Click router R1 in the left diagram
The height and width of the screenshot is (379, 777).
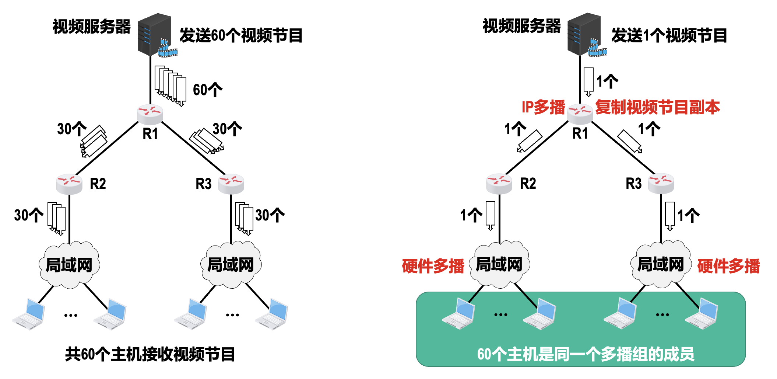pos(150,114)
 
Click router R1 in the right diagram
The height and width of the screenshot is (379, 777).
pos(580,113)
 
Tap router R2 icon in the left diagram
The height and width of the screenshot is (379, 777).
pos(69,184)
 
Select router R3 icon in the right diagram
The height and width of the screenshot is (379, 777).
pos(661,183)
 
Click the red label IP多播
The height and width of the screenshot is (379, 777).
pos(543,107)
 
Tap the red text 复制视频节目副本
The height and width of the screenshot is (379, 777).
pos(658,107)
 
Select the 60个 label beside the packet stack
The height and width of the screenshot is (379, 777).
pos(208,90)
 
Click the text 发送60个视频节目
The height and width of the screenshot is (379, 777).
pos(241,36)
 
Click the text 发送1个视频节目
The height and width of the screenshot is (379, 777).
pos(669,36)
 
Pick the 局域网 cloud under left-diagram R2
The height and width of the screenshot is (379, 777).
pos(69,265)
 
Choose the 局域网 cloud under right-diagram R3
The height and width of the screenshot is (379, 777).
pos(661,264)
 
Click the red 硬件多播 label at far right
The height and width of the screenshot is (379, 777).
pos(728,266)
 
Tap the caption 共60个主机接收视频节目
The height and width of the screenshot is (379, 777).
pos(150,354)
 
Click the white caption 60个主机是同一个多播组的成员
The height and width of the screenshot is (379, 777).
pos(586,354)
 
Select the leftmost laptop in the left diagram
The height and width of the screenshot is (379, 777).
pos(29,314)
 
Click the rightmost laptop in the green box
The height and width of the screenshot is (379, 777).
pos(702,314)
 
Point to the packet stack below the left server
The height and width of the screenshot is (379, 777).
pos(170,86)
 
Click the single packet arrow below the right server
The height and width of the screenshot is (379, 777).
pos(588,81)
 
